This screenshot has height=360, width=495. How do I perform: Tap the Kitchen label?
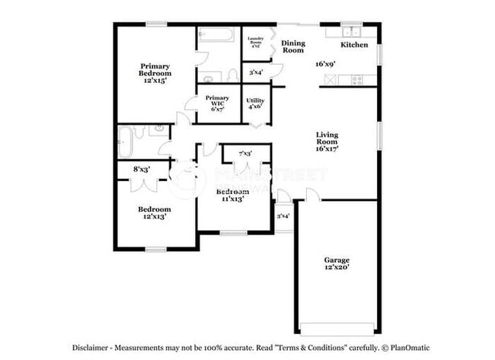point(354,45)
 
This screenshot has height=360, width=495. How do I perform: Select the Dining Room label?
point(293,47)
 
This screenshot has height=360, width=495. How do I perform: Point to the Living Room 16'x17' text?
point(327,142)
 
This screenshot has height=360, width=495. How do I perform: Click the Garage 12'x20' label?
point(336,263)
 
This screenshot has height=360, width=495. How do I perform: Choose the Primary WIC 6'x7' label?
point(217,104)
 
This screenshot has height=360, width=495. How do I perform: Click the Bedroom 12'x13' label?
point(154,212)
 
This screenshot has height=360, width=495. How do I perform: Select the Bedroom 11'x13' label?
point(232,195)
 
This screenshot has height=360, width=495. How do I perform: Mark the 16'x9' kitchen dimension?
point(326,64)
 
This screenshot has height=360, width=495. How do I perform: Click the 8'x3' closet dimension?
point(142,169)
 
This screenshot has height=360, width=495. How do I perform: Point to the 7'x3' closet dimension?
point(245,155)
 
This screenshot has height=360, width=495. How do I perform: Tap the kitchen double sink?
point(352,33)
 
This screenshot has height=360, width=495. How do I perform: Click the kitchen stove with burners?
point(356,80)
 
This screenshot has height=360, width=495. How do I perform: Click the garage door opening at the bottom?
point(336,329)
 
